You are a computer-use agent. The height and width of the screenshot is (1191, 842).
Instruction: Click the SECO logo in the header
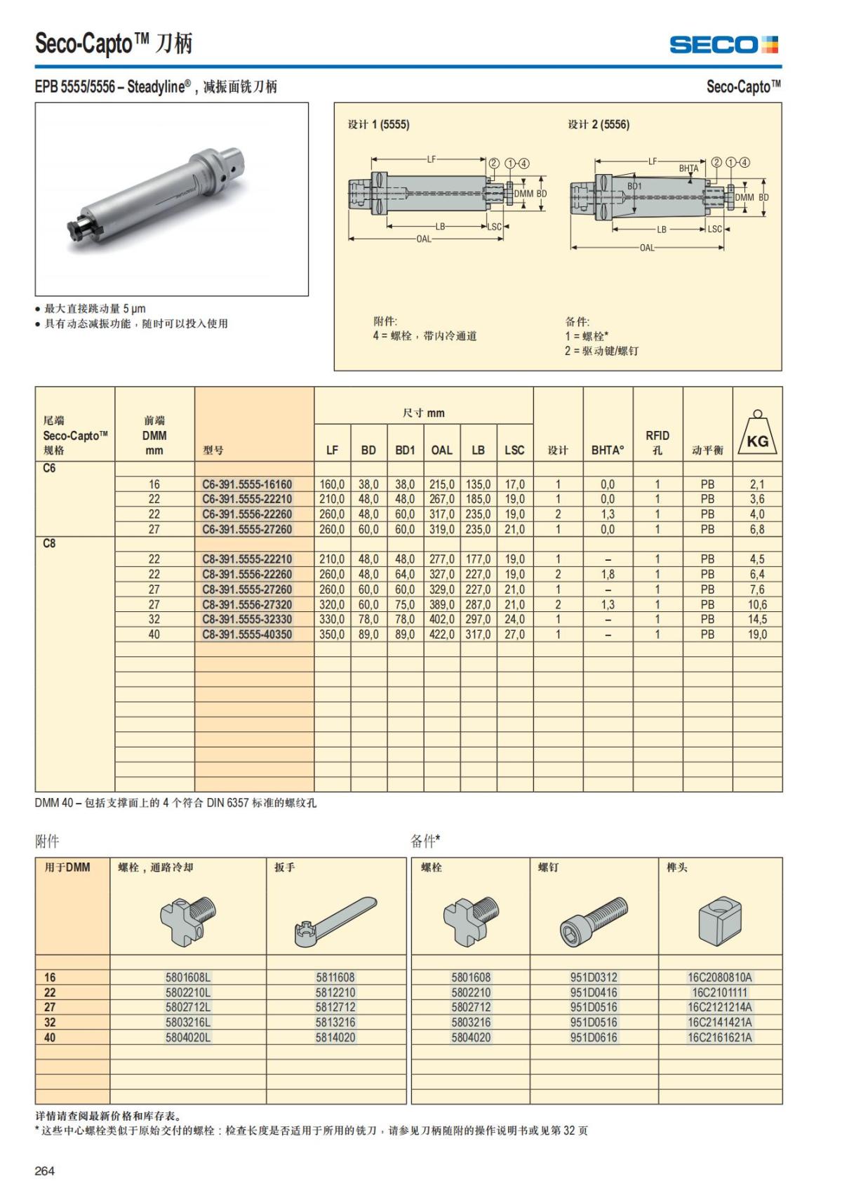pyautogui.click(x=723, y=45)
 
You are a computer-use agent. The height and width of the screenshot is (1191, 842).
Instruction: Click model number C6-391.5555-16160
pyautogui.click(x=247, y=484)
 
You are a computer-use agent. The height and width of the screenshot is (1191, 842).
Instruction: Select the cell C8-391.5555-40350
pyautogui.click(x=247, y=634)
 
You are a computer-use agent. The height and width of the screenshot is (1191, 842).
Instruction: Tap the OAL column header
pyautogui.click(x=441, y=450)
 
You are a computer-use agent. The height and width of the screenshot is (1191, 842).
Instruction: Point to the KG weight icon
pyautogui.click(x=757, y=435)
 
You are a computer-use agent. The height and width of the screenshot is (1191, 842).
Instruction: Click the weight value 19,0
pyautogui.click(x=757, y=634)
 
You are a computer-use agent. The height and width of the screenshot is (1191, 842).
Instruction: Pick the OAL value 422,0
pyautogui.click(x=441, y=634)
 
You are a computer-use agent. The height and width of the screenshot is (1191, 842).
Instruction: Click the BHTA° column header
pyautogui.click(x=607, y=450)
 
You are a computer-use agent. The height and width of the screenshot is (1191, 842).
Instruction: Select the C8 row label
pyautogui.click(x=49, y=543)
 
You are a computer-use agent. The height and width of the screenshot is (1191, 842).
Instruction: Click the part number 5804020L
pyautogui.click(x=188, y=1037)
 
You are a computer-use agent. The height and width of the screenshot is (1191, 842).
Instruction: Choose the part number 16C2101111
pyautogui.click(x=719, y=992)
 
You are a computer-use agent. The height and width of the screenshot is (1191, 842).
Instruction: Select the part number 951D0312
pyautogui.click(x=594, y=977)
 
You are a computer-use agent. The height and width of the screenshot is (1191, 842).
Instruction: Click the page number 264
pyautogui.click(x=45, y=1171)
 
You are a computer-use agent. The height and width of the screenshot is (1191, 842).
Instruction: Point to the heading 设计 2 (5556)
pyautogui.click(x=599, y=124)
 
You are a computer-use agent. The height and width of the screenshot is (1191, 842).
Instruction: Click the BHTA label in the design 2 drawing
pyautogui.click(x=688, y=168)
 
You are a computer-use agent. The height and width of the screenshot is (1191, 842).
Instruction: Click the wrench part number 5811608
pyautogui.click(x=335, y=977)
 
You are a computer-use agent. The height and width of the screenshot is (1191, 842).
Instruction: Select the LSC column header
pyautogui.click(x=514, y=450)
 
